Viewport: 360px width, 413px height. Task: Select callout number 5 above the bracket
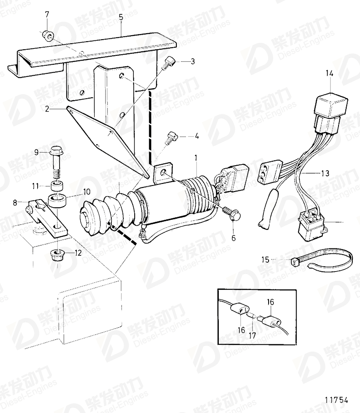121,17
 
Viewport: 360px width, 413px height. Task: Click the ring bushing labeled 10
57,200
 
